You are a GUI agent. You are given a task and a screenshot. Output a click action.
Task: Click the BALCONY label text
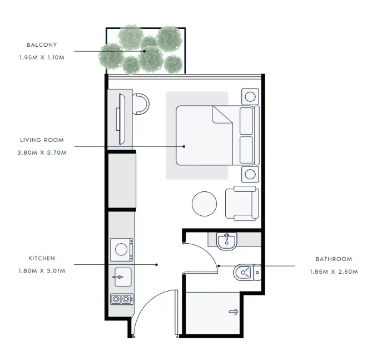point(42,45)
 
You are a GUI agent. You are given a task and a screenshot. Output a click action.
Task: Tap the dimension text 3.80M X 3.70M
point(42,153)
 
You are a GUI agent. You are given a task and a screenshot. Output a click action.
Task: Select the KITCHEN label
point(42,258)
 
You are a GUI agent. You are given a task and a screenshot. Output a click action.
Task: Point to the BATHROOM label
point(334,259)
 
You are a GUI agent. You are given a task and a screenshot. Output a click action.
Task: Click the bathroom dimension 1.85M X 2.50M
point(334,272)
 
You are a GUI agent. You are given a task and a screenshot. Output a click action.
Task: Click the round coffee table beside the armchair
point(204,204)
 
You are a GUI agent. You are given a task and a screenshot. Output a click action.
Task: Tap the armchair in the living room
point(242,204)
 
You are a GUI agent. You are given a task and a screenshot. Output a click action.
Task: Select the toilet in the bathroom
point(247,272)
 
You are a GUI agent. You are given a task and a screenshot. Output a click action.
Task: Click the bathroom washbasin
point(227,241)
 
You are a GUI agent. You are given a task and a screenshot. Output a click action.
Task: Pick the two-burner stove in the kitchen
point(122,299)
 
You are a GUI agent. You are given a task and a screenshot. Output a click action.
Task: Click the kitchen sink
point(123,277)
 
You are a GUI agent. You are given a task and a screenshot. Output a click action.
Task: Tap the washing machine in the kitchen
point(121,250)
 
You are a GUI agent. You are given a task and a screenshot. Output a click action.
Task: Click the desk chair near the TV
point(141,104)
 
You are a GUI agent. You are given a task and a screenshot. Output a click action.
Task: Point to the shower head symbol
point(233,312)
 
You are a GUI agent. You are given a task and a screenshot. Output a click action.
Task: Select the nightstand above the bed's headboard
point(250,97)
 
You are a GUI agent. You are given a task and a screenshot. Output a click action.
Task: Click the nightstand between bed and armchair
point(250,174)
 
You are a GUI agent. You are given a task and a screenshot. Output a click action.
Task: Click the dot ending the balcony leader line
point(145,51)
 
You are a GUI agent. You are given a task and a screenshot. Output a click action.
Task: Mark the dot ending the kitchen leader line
point(157,264)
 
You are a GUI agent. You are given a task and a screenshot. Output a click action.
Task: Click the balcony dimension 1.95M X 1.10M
point(42,58)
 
